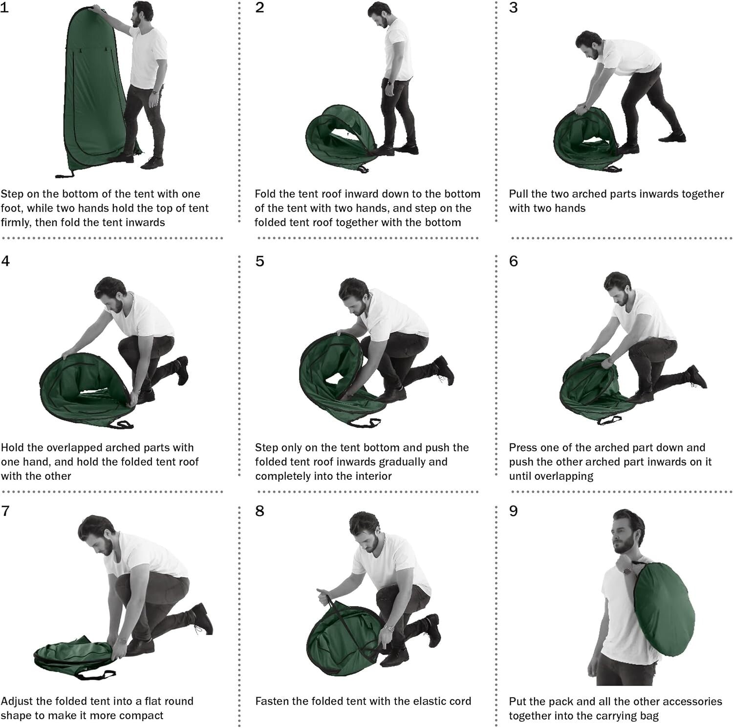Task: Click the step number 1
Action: (x=4, y=8)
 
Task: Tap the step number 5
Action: (x=259, y=261)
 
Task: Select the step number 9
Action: (x=513, y=511)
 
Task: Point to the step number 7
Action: (x=5, y=511)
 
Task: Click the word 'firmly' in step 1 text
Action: (x=16, y=222)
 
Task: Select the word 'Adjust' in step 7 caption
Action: (x=17, y=702)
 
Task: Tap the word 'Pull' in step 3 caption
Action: (x=518, y=194)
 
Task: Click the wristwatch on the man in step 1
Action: (x=154, y=91)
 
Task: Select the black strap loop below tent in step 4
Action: (x=122, y=424)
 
